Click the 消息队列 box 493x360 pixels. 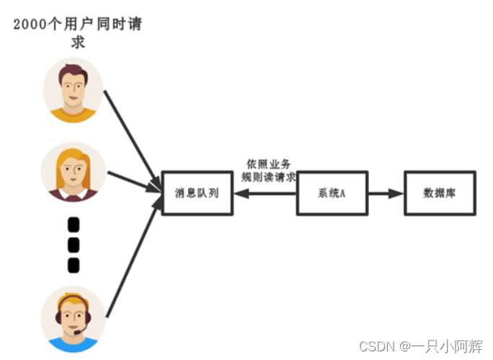tap(197, 193)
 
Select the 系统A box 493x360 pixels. tap(332, 193)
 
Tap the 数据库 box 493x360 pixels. tap(439, 193)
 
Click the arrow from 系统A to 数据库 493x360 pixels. tap(386, 193)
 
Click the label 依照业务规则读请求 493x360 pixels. tap(268, 170)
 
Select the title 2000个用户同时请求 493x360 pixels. tap(78, 32)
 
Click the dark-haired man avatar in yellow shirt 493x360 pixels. tap(73, 91)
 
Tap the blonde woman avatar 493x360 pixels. tap(73, 172)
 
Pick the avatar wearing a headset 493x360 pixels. tap(73, 318)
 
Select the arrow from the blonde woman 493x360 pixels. tap(133, 182)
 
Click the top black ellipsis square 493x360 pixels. tap(73, 226)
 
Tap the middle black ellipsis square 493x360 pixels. tap(73, 245)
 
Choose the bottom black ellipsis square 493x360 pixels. tap(73, 265)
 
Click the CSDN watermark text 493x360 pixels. tap(421, 345)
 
